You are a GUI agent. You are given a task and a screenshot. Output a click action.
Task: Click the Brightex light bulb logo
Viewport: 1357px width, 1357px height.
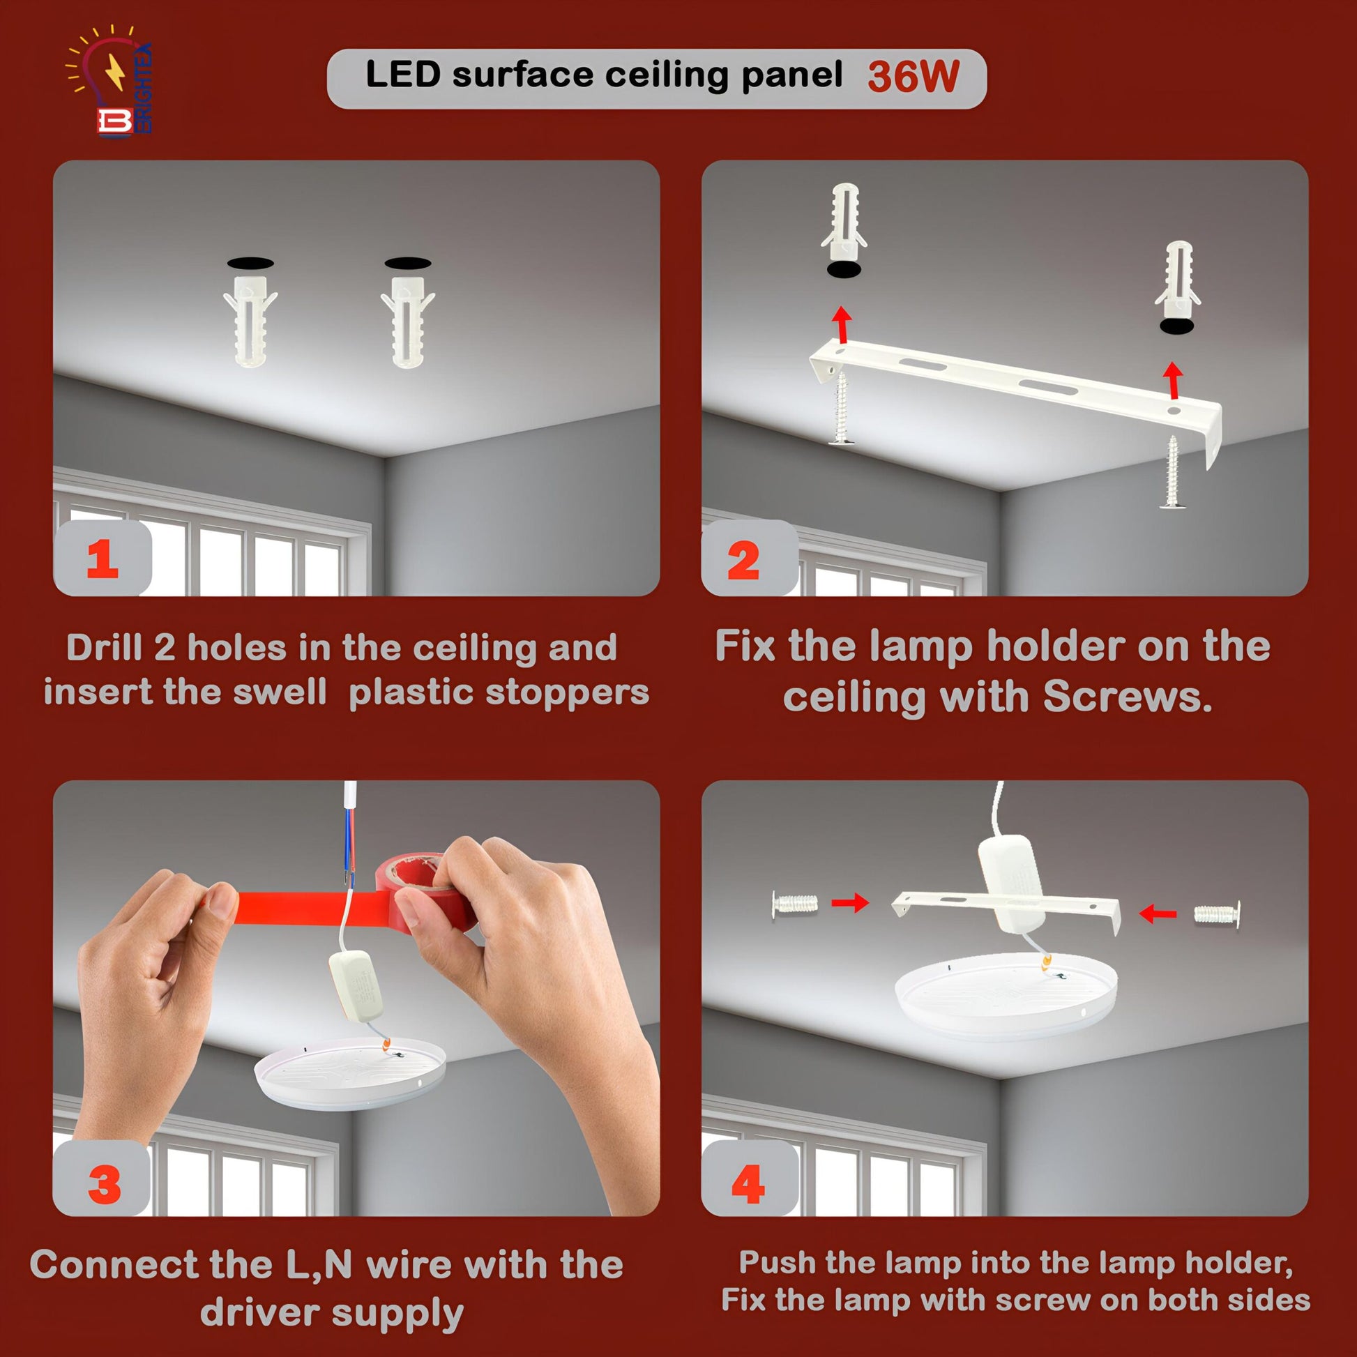109,81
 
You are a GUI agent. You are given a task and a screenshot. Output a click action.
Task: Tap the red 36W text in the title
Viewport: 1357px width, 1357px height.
913,77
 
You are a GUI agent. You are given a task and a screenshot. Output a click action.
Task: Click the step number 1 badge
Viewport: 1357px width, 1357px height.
103,559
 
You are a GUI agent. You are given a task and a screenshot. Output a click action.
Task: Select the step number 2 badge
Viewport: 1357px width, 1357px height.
750,559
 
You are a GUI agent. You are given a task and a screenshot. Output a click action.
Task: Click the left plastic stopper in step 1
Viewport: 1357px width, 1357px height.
251,319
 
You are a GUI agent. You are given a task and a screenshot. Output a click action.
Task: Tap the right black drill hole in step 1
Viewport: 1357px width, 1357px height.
408,263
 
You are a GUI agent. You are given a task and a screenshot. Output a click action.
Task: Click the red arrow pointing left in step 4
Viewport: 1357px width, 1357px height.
1158,913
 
